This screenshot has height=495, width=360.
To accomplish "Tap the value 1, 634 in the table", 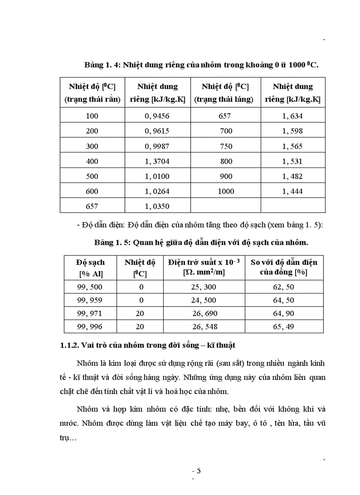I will tap(292, 116).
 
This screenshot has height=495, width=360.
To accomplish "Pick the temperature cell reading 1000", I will tap(226, 191).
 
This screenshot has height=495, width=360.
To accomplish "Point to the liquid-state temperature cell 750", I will tap(226, 146).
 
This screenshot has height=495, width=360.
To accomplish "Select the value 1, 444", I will tap(292, 191).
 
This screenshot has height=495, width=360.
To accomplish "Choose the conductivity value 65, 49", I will tap(283, 327).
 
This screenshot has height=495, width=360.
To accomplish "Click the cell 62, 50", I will tap(283, 287).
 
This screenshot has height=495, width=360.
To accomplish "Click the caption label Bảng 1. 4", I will tap(101, 65).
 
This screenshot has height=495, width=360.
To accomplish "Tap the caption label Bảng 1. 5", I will tap(112, 243).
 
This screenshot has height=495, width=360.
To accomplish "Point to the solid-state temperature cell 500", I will tap(92, 176).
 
